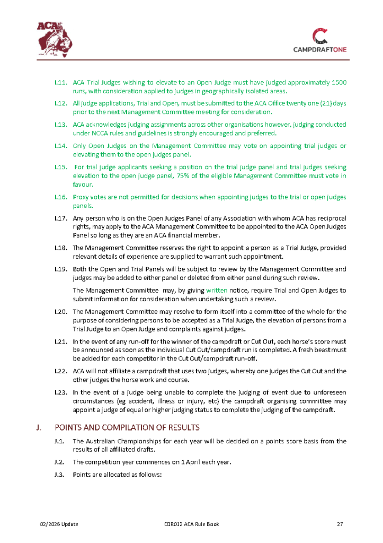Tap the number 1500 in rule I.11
pyautogui.click(x=338, y=83)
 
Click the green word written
pyautogui.click(x=216, y=291)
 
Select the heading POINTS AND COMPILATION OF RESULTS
pyautogui.click(x=127, y=427)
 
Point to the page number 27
pyautogui.click(x=340, y=524)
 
